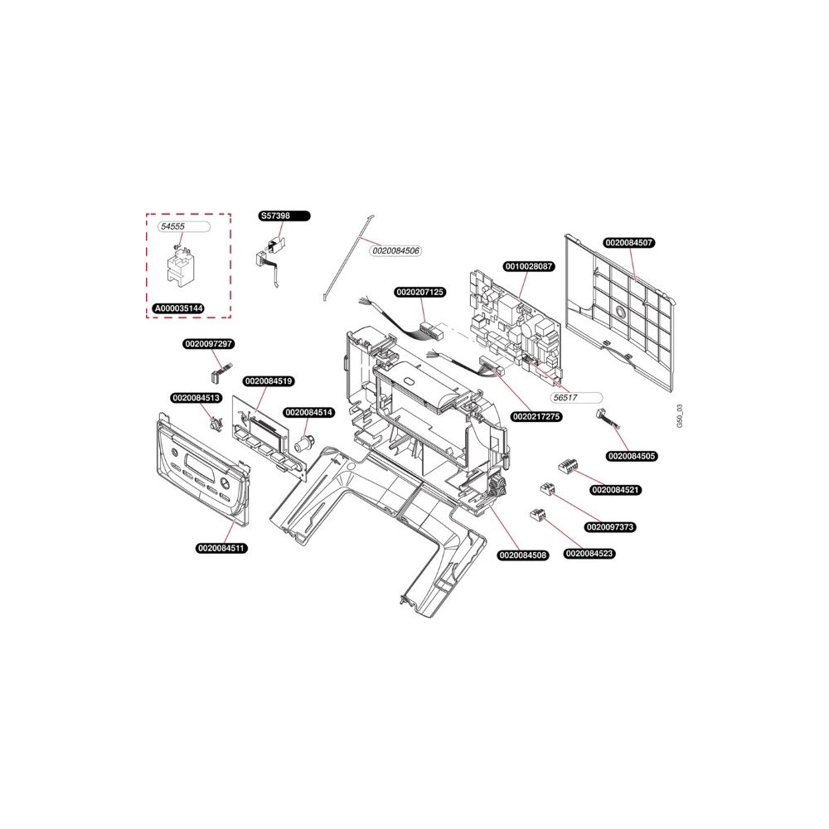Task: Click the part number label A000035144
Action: click(x=179, y=308)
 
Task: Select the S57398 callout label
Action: click(x=284, y=216)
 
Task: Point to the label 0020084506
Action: click(x=395, y=250)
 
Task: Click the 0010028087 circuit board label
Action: click(x=529, y=266)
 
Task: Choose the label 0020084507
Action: click(x=629, y=243)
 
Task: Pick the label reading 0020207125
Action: click(x=420, y=292)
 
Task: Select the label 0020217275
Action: click(x=536, y=417)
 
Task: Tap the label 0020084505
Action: click(x=632, y=456)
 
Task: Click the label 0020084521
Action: click(x=616, y=490)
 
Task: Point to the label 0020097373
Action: click(x=611, y=527)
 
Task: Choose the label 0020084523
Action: click(x=589, y=554)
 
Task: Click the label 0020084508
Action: click(x=523, y=555)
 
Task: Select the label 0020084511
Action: click(x=222, y=548)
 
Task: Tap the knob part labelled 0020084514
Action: click(x=303, y=442)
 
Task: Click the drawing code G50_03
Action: click(x=680, y=416)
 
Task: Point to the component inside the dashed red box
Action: click(x=179, y=264)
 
